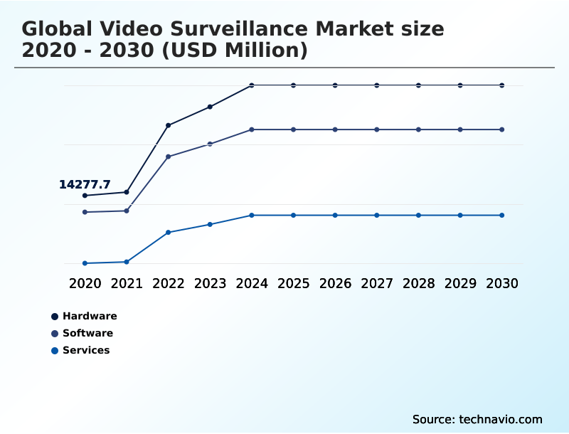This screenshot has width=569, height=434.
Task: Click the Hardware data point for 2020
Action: coord(85,196)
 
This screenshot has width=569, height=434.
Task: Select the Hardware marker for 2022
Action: coord(168,125)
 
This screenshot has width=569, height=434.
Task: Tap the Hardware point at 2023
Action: coord(210,107)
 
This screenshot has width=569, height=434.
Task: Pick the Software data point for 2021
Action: coord(127,211)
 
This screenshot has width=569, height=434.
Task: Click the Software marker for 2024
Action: coord(252,129)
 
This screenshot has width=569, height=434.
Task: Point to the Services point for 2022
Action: coord(168,233)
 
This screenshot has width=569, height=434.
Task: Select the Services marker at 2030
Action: coord(502,215)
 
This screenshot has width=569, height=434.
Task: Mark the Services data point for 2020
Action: coord(85,263)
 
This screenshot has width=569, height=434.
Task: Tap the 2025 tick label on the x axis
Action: coord(293,283)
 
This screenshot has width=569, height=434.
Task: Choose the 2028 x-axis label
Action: coord(418,283)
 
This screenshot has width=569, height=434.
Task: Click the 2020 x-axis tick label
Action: coord(85,283)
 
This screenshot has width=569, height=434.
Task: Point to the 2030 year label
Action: coord(502,283)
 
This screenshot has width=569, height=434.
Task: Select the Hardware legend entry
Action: coord(89,316)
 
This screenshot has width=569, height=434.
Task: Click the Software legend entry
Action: coord(87,333)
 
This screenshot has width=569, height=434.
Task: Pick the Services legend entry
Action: coord(85,350)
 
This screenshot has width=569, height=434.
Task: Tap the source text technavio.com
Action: coord(501,419)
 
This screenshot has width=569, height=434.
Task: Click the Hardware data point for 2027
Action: coord(377,85)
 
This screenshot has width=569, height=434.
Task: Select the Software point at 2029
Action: coord(460,129)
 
